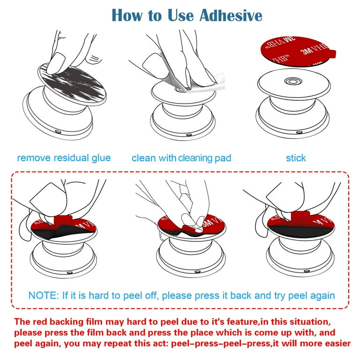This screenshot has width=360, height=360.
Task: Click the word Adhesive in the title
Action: [230, 15]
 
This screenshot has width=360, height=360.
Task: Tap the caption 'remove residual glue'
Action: [64, 157]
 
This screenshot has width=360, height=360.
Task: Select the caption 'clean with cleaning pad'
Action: [181, 158]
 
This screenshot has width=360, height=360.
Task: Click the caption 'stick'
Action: [296, 157]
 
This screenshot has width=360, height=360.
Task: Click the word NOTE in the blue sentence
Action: [43, 295]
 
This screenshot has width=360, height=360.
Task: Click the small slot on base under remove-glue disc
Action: [57, 133]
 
